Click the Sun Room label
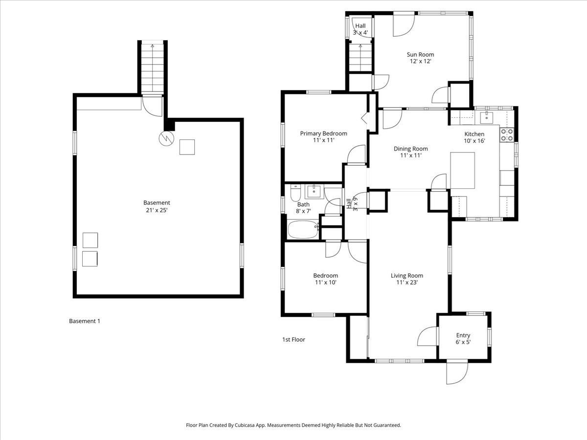click(420, 55)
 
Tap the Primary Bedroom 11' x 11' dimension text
click(323, 140)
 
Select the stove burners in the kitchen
click(507, 134)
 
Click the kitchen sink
click(486, 117)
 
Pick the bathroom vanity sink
click(314, 190)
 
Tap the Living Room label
click(406, 276)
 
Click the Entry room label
click(463, 335)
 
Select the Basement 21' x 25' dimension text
click(157, 210)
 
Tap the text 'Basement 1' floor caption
click(85, 321)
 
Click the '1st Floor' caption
click(293, 339)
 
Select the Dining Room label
click(410, 149)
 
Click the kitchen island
click(462, 170)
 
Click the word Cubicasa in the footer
click(254, 425)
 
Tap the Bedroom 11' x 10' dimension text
click(325, 282)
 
